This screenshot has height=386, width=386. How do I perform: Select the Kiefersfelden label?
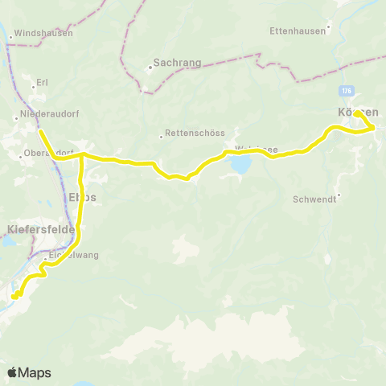40,229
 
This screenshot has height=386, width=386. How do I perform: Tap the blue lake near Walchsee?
240,165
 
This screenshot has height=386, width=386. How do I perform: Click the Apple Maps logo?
28,372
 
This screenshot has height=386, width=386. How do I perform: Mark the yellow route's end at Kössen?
357,115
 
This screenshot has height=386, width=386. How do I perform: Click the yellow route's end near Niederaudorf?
39,130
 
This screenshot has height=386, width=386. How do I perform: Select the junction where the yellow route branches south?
82,156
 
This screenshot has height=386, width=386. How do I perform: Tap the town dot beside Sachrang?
150,68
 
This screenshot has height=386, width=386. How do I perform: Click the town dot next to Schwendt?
339,195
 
